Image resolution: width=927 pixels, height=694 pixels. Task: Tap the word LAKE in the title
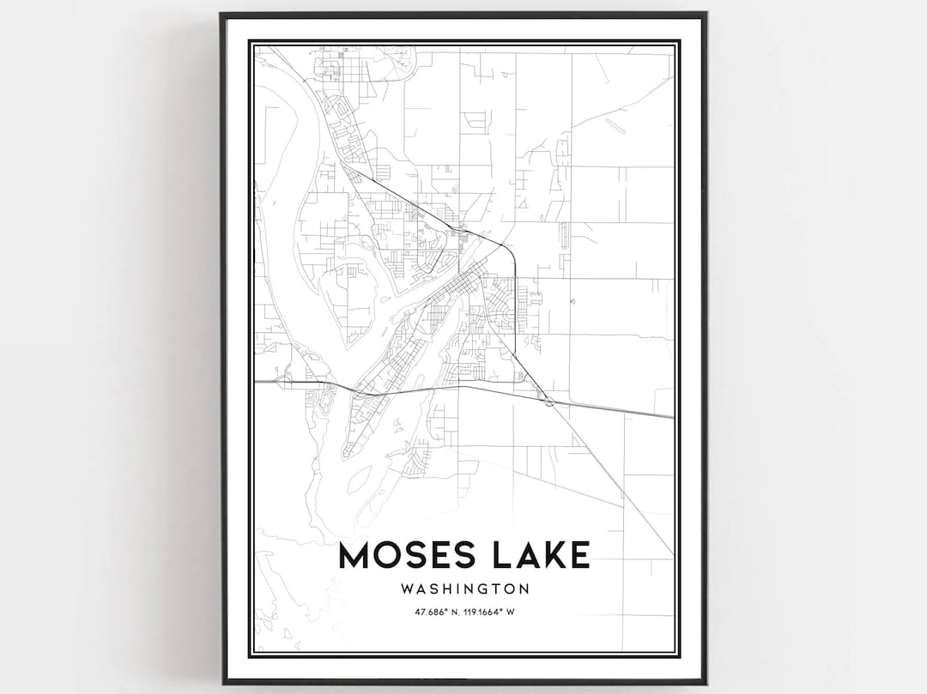pyautogui.click(x=535, y=555)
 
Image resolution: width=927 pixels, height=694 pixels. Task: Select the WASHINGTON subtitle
pyautogui.click(x=464, y=589)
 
